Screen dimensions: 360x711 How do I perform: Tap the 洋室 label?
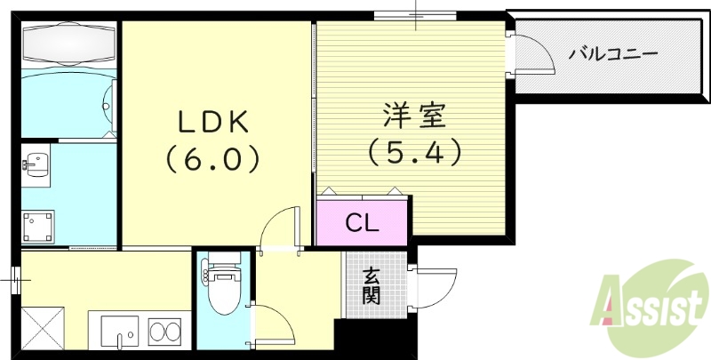click(414, 116)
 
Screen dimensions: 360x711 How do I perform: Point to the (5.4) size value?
click(414, 153)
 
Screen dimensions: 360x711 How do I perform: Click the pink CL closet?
click(363, 222)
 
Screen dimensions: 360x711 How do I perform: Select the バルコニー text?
click(613, 54)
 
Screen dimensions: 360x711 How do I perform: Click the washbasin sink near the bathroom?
click(36, 164)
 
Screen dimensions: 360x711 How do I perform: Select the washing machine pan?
click(39, 225)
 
